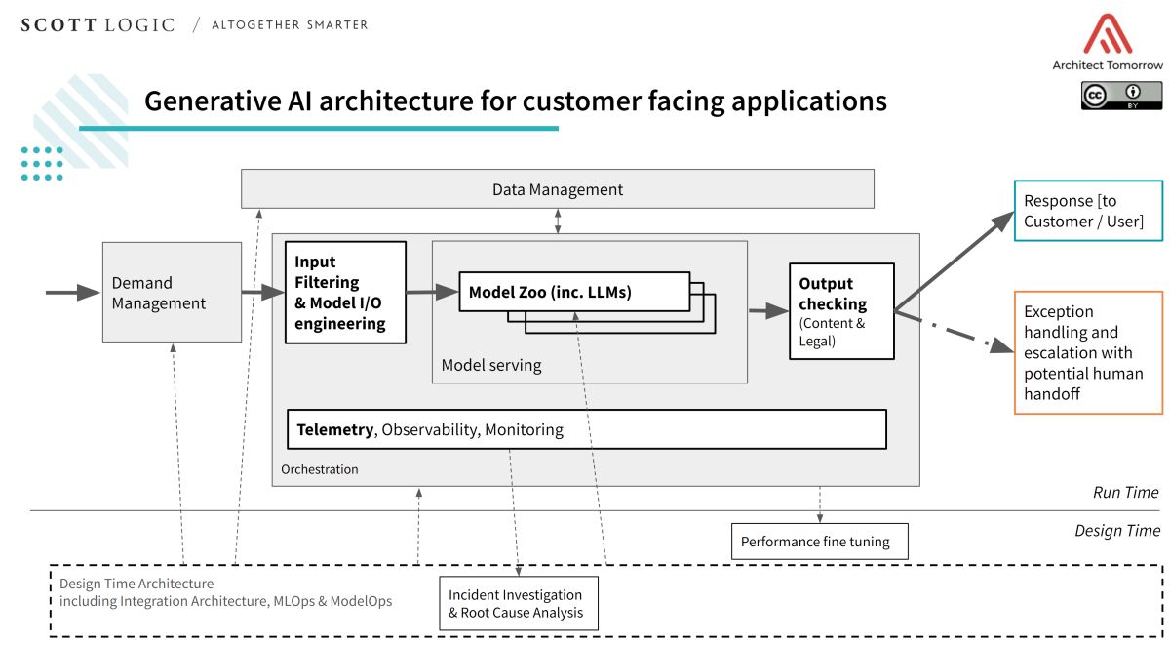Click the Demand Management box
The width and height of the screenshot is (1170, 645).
172,292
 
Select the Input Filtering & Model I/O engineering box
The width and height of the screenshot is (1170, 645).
345,292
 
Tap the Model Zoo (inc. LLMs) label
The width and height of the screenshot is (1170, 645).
550,292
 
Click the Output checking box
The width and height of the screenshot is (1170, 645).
841,310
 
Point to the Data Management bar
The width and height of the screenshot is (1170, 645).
557,188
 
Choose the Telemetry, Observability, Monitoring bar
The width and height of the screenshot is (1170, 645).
586,429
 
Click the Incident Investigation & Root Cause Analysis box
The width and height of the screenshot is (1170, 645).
518,603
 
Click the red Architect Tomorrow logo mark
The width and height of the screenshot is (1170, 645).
1107,34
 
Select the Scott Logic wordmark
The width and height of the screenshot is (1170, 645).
97,24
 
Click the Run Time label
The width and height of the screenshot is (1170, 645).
1125,492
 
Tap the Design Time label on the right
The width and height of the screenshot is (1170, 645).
1117,531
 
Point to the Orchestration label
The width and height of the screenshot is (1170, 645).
319,469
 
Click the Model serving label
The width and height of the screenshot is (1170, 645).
490,365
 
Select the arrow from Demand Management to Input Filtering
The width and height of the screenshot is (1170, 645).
262,292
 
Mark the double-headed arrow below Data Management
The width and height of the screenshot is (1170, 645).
558,221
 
